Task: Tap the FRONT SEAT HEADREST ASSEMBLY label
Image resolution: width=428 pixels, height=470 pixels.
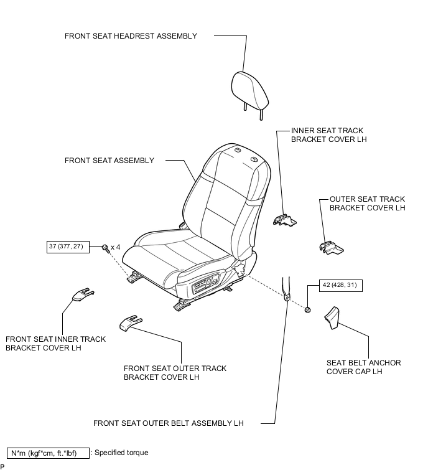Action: [131, 36]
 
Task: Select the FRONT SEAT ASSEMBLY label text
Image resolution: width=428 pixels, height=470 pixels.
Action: [109, 161]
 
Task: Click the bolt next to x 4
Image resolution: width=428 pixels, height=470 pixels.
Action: [105, 248]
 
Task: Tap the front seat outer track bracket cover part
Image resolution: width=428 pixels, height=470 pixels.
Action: [129, 321]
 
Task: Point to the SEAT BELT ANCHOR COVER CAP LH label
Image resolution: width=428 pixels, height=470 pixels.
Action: [363, 367]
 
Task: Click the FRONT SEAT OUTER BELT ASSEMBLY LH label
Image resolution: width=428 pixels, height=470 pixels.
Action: [168, 423]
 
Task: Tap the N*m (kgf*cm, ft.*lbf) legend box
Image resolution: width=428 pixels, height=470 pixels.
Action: [47, 453]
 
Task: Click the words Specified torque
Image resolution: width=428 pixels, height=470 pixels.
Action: [121, 453]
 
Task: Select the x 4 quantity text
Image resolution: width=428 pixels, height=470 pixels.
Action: [116, 247]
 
